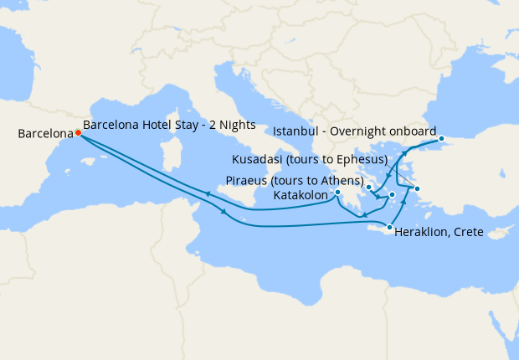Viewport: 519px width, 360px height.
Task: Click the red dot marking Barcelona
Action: click(78, 132)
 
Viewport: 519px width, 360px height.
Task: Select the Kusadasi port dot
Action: click(417, 188)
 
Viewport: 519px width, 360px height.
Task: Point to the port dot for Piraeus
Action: click(369, 187)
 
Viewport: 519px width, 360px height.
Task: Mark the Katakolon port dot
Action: click(337, 193)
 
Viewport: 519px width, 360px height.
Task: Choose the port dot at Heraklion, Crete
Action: click(389, 227)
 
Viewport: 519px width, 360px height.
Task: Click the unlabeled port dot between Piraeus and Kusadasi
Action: click(392, 194)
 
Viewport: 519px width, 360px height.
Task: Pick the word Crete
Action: click(469, 232)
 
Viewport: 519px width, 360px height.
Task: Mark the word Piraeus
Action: click(248, 181)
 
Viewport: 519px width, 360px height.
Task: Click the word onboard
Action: click(414, 131)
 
